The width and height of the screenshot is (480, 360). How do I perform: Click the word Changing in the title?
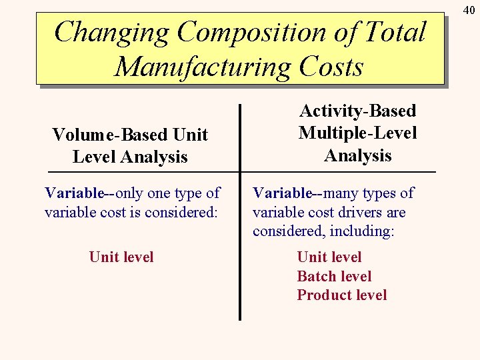click(x=111, y=33)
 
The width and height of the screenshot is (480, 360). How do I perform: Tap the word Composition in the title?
click(x=267, y=33)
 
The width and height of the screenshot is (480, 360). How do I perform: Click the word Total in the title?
click(x=395, y=33)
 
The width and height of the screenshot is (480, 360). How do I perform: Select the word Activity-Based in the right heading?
click(x=358, y=111)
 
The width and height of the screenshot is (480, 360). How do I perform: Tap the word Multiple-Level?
click(x=358, y=133)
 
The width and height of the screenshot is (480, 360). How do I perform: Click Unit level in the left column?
click(x=121, y=257)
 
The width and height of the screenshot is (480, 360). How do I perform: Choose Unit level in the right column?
click(x=329, y=257)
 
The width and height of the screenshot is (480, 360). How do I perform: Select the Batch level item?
click(x=334, y=276)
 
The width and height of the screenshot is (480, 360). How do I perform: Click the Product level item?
click(x=341, y=295)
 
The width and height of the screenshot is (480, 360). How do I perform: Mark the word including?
click(x=364, y=231)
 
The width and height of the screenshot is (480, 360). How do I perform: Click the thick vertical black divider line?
click(x=240, y=213)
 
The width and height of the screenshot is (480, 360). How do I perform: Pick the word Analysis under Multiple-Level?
click(x=358, y=155)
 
